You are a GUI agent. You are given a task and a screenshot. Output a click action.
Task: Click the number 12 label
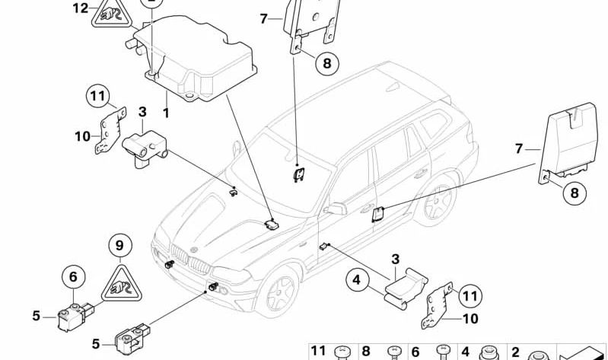(x=80, y=8)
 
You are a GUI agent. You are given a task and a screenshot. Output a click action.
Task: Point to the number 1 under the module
(x=164, y=112)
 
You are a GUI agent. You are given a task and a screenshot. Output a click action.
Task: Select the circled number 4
(x=355, y=279)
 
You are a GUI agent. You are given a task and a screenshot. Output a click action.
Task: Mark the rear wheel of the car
(x=436, y=204)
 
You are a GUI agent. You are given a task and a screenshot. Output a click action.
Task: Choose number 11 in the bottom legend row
(x=319, y=351)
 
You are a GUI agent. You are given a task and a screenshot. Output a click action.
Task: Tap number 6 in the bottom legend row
(x=415, y=351)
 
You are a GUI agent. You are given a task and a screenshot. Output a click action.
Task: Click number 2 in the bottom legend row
(x=515, y=351)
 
